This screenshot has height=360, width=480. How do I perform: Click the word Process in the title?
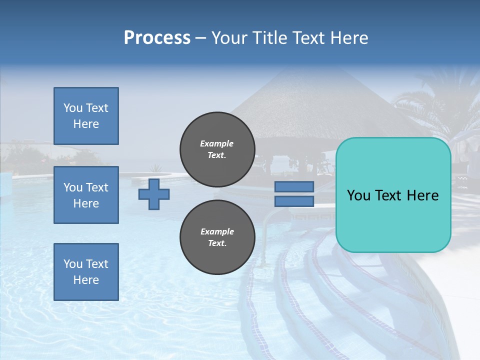[157, 38]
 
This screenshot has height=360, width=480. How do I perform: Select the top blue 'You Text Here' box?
[86, 116]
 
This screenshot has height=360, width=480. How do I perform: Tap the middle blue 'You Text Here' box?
[86, 195]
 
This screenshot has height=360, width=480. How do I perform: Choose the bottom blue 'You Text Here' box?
[86, 272]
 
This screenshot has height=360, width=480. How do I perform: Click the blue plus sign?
[154, 194]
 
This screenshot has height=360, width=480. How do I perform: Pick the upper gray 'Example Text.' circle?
[217, 149]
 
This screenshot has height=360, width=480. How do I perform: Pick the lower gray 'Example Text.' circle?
[217, 237]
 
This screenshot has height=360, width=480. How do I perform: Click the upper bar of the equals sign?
[294, 187]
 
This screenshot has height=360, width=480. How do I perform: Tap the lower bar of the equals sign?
[294, 201]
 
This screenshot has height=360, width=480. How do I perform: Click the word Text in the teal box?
[392, 195]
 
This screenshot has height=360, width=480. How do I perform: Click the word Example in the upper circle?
[217, 143]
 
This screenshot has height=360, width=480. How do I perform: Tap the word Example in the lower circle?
[217, 231]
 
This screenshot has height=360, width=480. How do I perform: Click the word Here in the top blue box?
[86, 124]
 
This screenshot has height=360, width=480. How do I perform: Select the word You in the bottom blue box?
[72, 264]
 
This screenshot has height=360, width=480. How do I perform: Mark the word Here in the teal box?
[422, 195]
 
